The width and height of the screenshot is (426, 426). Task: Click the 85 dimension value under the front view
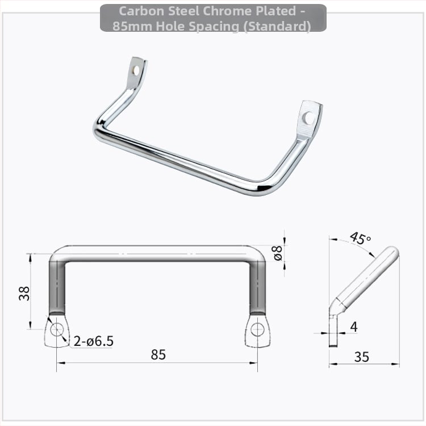(158, 354)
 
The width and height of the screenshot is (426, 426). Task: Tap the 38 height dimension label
(24, 294)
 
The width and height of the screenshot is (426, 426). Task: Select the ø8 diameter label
(278, 253)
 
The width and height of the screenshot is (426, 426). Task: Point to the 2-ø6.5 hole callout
(94, 341)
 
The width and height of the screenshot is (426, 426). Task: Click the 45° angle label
(360, 238)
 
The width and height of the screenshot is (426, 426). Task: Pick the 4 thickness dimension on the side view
(354, 327)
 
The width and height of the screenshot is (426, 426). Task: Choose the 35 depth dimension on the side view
(362, 357)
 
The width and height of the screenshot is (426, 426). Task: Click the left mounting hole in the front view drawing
(57, 330)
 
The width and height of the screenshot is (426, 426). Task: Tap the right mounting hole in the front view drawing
(257, 330)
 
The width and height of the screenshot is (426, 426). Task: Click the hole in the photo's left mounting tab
(136, 70)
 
